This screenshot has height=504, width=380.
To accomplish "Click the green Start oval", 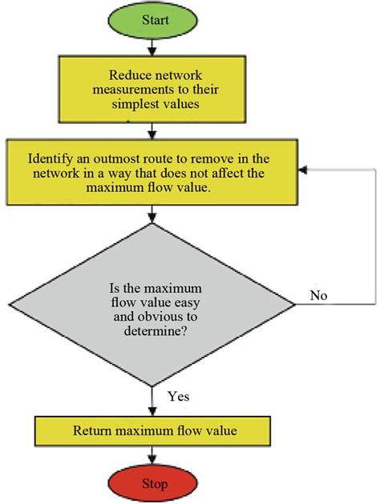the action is (152, 20).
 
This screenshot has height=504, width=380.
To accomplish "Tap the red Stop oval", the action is (152, 483).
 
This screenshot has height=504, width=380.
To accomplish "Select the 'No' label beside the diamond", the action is (318, 295).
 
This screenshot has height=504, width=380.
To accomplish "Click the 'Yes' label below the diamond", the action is (179, 396).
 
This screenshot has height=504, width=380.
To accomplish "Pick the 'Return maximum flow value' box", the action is (152, 431).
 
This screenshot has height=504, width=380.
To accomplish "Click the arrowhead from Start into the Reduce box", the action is (152, 52).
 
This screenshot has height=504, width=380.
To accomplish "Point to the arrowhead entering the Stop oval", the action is (152, 460).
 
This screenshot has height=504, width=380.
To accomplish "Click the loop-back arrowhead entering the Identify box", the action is (302, 170).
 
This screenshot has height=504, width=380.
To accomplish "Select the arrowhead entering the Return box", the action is (152, 412).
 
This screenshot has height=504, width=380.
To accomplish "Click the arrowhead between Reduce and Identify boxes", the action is (152, 134).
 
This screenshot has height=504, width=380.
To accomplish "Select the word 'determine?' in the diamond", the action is (156, 330).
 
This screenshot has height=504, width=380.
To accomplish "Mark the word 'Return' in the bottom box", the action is (92, 430).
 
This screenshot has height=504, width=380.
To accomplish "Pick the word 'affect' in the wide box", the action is (222, 174).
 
